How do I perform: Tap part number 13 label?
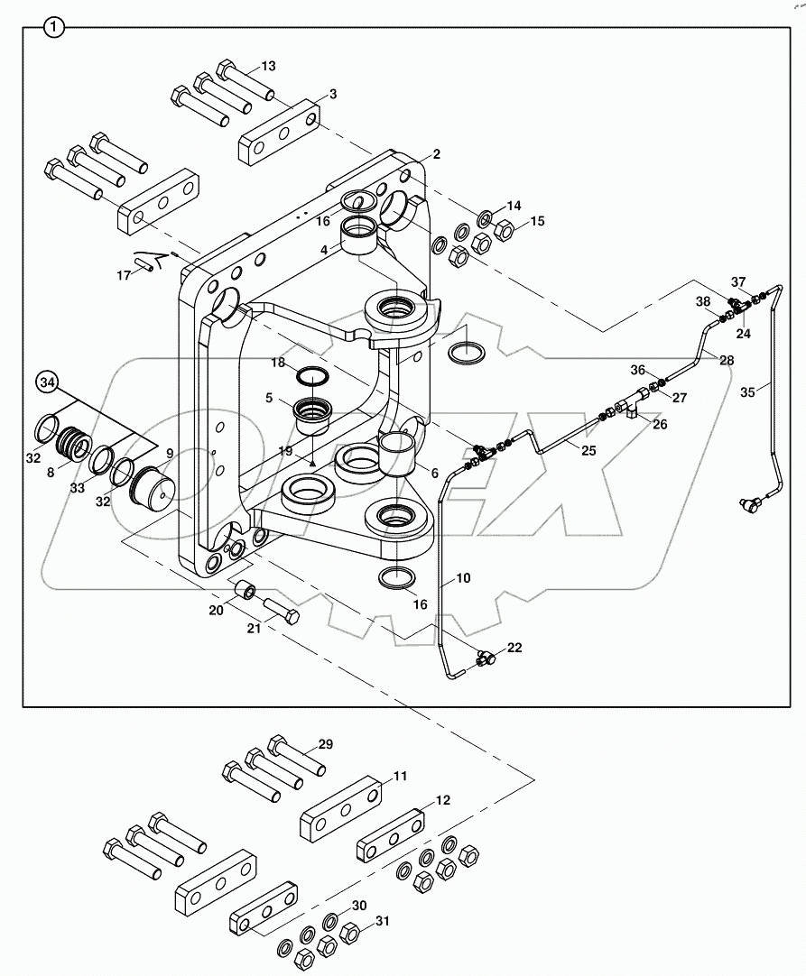coord(269,66)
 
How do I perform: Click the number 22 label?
coord(514,648)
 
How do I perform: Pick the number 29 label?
coord(325,744)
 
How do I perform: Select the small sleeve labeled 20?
coord(245,591)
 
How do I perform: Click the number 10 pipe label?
coord(463,577)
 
